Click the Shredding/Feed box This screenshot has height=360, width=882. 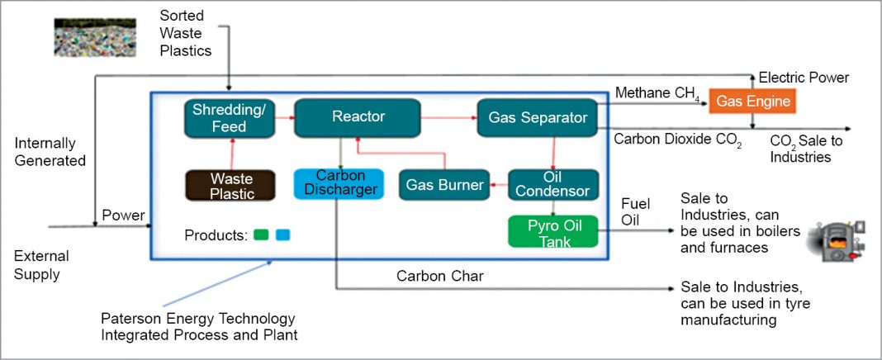click(218, 118)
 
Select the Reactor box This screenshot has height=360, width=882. click(358, 117)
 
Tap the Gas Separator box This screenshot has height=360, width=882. click(537, 118)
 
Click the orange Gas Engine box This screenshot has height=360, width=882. click(752, 102)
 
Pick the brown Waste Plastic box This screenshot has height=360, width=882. click(220, 185)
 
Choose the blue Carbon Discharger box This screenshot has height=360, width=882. click(339, 183)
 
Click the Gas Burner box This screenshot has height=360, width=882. click(443, 185)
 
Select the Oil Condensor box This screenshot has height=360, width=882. click(552, 184)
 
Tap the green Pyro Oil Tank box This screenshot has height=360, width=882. click(552, 231)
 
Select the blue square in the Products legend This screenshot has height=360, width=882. click(283, 234)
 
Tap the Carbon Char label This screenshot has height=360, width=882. click(439, 277)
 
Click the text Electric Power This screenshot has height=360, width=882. click(804, 78)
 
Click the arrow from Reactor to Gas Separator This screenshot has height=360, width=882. click(448, 118)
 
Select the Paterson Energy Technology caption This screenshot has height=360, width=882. click(197, 326)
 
